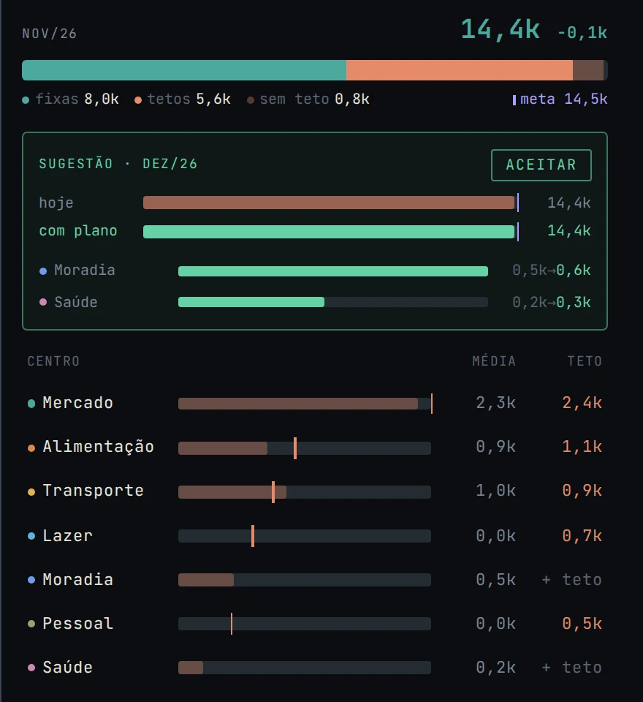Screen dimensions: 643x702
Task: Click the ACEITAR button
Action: click(541, 165)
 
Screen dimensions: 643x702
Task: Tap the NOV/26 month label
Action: click(50, 34)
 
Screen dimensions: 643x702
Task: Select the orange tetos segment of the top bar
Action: click(460, 70)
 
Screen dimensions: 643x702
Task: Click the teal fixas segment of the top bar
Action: click(184, 70)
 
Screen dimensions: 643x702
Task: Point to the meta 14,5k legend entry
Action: click(560, 99)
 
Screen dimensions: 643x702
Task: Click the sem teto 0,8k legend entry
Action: click(308, 99)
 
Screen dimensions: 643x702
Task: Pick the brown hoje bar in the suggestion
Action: click(329, 203)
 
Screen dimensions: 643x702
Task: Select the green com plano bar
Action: click(329, 232)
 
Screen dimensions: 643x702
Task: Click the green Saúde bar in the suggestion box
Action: click(251, 302)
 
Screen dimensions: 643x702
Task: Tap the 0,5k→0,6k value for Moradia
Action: click(551, 270)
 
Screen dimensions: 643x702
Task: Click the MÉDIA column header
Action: click(494, 361)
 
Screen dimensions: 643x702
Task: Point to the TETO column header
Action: click(585, 361)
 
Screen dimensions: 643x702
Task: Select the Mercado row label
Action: click(78, 402)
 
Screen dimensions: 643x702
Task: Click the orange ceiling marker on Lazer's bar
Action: click(253, 536)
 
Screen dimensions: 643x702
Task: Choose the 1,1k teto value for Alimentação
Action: click(582, 446)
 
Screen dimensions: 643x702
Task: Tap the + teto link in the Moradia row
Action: click(572, 580)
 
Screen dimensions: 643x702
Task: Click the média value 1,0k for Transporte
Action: click(496, 490)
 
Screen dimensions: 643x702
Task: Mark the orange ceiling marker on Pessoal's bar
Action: click(232, 624)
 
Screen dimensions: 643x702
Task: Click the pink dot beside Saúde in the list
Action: click(31, 668)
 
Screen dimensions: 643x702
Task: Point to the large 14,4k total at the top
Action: click(501, 30)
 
